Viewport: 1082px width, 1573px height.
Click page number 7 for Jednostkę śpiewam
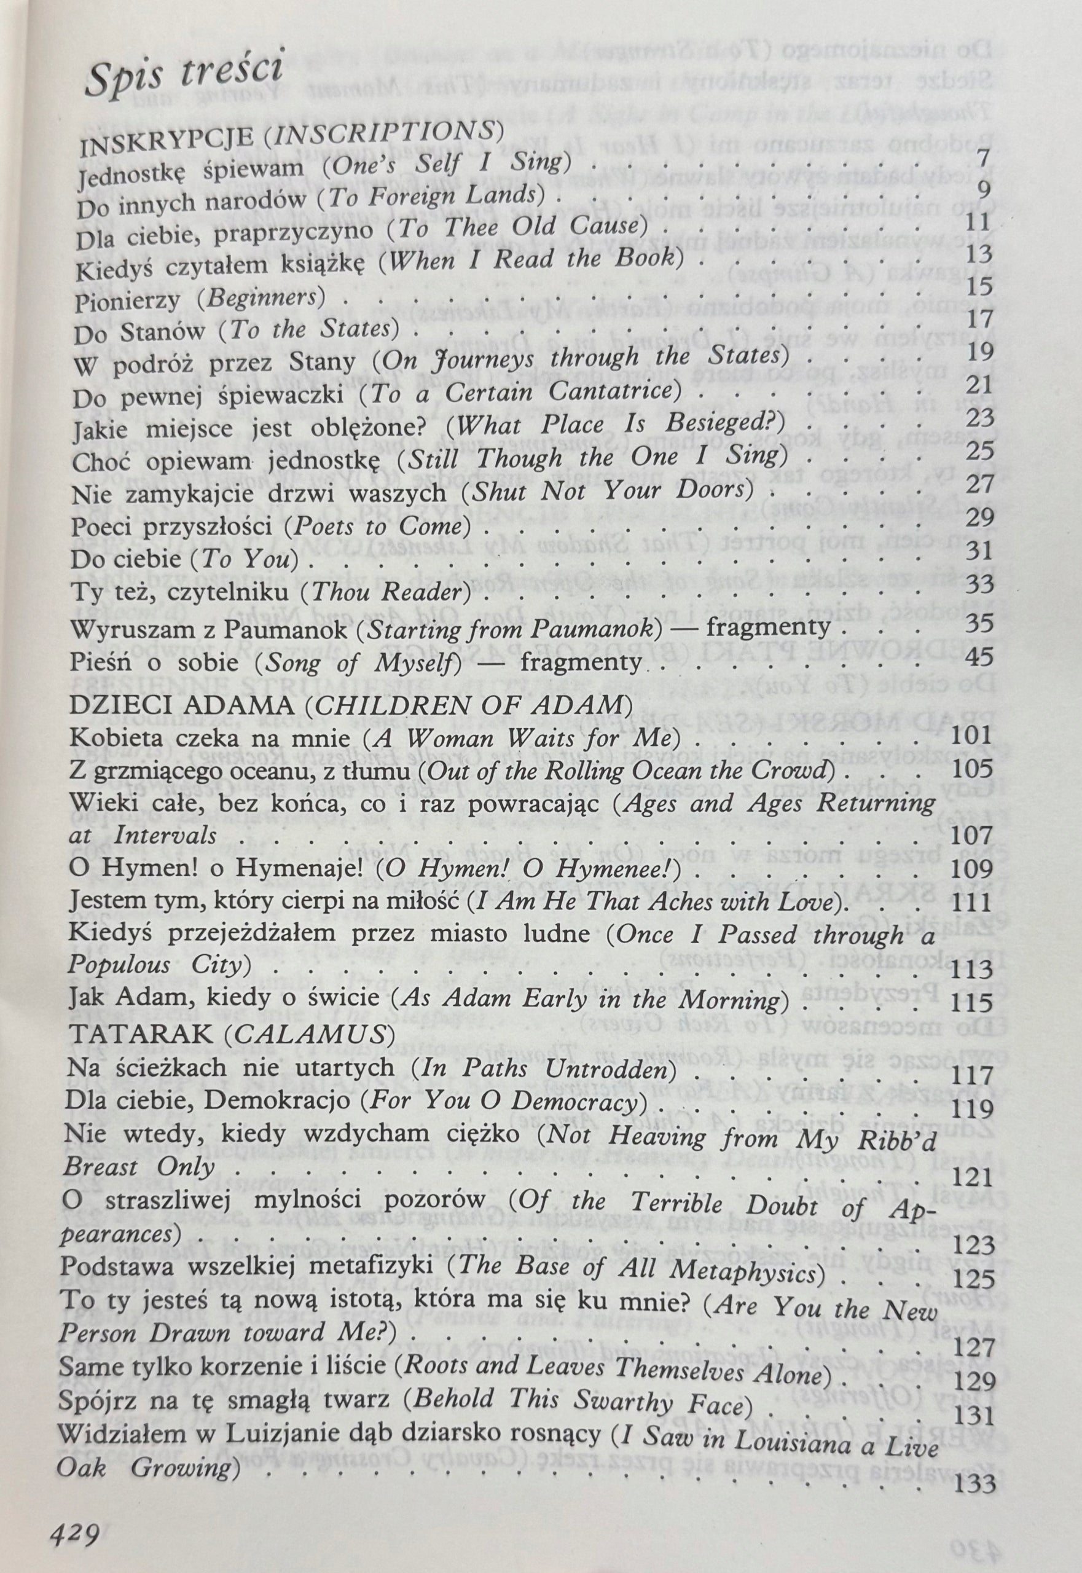984,155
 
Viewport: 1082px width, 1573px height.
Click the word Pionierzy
123,300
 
